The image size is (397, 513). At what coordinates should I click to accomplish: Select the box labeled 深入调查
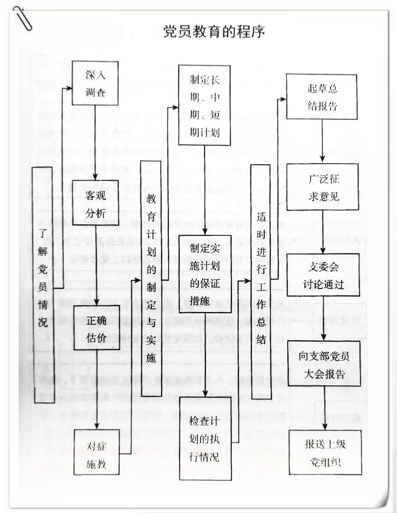pyautogui.click(x=95, y=83)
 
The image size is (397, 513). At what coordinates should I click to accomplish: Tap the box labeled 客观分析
pyautogui.click(x=95, y=202)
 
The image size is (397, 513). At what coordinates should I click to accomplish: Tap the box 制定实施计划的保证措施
pyautogui.click(x=205, y=274)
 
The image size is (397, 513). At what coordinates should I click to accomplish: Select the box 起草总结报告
pyautogui.click(x=322, y=97)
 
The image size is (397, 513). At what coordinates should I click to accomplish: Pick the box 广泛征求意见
pyautogui.click(x=323, y=187)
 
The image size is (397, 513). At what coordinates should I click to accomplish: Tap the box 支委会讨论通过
pyautogui.click(x=323, y=275)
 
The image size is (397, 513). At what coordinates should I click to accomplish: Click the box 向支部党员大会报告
pyautogui.click(x=324, y=365)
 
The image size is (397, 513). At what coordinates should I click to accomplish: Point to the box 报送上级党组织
pyautogui.click(x=325, y=453)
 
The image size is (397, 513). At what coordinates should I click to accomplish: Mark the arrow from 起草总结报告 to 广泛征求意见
pyautogui.click(x=322, y=141)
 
